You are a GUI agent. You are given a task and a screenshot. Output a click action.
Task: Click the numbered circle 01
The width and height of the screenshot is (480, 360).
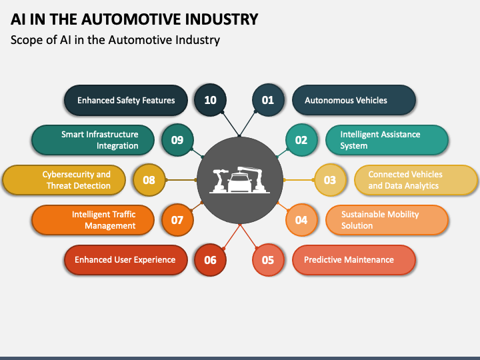pos(268,101)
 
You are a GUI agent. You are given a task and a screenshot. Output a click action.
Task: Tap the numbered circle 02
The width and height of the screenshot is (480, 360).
pos(301,140)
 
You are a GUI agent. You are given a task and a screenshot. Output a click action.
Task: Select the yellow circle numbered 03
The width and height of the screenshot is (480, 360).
pos(330,180)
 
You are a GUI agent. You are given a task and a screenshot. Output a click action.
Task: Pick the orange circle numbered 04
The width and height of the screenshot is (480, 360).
pos(301,220)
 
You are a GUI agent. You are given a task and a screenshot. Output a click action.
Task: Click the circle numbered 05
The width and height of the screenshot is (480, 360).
pos(268,260)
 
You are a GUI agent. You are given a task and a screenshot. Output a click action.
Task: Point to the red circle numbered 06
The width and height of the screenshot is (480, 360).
pos(210,260)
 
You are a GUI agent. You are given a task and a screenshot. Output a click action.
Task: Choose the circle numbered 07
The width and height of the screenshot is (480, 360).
pos(177,220)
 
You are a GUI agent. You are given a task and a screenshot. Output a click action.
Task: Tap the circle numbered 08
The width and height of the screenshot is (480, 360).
pos(149,180)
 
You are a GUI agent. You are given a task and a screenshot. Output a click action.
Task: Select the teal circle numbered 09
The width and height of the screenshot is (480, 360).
pos(177,140)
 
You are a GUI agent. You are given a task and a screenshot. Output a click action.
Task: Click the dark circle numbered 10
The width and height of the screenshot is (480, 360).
pos(210,101)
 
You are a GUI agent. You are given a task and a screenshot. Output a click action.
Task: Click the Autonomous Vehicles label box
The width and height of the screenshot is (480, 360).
pos(354,101)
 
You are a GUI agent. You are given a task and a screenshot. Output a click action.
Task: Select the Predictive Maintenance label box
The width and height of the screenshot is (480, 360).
pos(354,260)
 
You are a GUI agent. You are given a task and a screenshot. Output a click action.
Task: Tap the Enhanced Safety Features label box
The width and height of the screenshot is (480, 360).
pos(126,101)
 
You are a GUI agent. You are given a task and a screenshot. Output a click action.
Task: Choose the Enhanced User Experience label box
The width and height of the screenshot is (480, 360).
pos(126,260)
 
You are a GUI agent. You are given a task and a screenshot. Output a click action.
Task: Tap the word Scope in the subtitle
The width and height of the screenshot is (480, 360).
pos(27,40)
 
